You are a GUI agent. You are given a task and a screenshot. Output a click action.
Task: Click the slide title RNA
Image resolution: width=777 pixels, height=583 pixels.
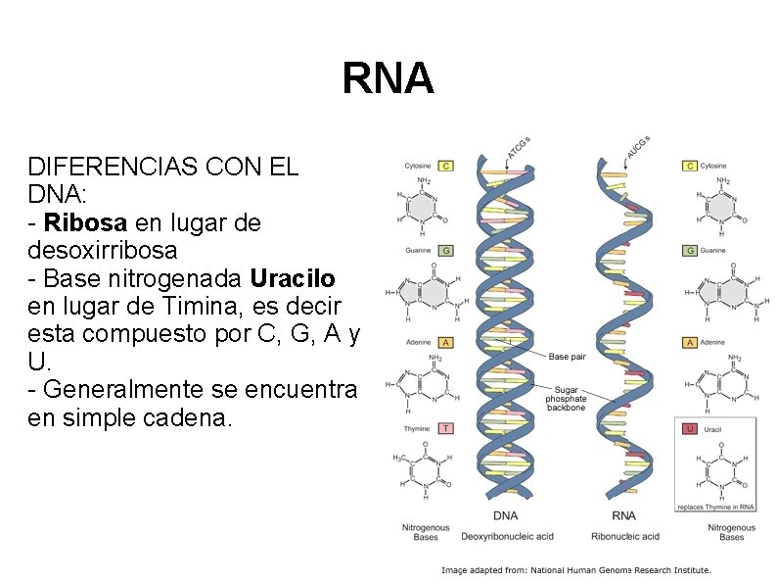pyautogui.click(x=388, y=79)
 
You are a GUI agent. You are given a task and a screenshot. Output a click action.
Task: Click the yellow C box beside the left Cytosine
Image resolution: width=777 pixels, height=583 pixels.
pyautogui.click(x=445, y=166)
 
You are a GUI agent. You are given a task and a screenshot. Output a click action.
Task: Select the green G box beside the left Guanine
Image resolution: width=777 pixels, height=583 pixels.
pyautogui.click(x=445, y=251)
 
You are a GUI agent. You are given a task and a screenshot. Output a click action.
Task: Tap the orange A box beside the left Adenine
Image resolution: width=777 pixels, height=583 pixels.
pyautogui.click(x=445, y=343)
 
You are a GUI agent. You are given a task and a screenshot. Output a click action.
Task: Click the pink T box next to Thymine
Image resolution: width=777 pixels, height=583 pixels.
pyautogui.click(x=445, y=428)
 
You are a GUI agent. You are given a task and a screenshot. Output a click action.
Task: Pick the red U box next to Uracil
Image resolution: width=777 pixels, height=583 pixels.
pyautogui.click(x=690, y=428)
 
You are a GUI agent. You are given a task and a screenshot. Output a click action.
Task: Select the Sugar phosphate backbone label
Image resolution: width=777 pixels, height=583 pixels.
pyautogui.click(x=567, y=399)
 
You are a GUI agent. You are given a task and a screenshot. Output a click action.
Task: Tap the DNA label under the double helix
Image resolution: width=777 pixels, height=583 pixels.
pyautogui.click(x=506, y=515)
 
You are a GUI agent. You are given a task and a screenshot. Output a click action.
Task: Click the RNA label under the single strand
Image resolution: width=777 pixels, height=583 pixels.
pyautogui.click(x=623, y=515)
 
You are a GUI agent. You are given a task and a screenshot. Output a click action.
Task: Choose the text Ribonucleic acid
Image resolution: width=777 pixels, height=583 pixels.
pyautogui.click(x=625, y=536)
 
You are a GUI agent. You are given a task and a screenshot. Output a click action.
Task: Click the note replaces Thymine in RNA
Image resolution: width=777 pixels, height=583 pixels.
pyautogui.click(x=716, y=507)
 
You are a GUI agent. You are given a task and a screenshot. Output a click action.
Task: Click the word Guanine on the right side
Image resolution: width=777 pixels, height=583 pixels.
pyautogui.click(x=713, y=251)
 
